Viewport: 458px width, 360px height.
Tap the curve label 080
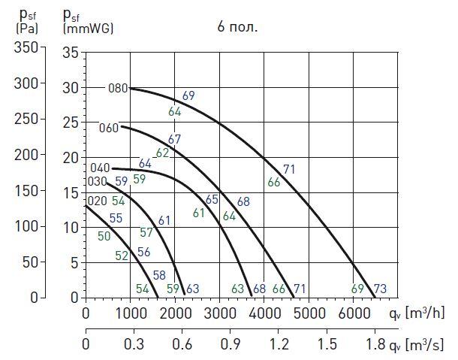pos(118,88)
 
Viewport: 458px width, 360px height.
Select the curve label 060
pos(109,128)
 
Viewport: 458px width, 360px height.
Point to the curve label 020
pos(97,201)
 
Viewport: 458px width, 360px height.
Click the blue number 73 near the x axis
pos(380,289)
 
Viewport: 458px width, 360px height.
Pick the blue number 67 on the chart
pos(175,139)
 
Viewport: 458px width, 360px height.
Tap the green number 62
pos(162,153)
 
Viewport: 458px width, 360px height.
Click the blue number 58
pos(159,275)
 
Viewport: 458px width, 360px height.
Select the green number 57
pos(146,232)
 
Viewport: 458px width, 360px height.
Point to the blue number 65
pos(212,199)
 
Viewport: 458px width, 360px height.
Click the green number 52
pos(122,256)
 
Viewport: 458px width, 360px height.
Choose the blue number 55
pos(116,219)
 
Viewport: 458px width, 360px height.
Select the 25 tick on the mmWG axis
pos(71,123)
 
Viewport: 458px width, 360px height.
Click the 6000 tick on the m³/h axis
pos(353,313)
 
